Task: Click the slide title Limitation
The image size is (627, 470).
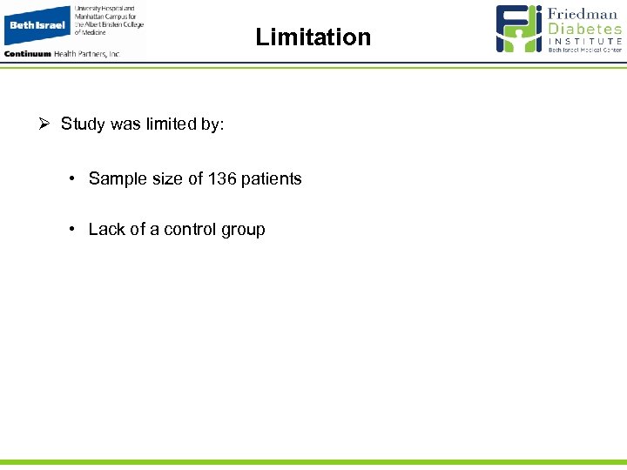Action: [x=313, y=37]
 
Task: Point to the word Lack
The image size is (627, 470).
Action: [x=106, y=230]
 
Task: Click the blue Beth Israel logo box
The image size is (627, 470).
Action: [x=37, y=24]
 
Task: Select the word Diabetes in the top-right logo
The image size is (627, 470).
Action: [x=584, y=29]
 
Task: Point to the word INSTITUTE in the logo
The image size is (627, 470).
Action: [x=584, y=41]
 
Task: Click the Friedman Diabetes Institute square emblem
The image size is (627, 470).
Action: [x=519, y=29]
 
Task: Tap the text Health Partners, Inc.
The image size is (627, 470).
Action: [x=88, y=53]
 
